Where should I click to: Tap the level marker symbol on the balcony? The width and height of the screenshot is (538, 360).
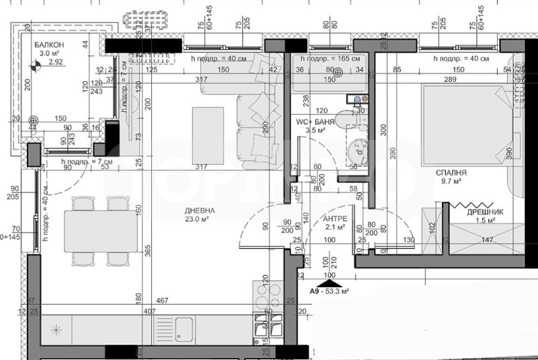point(36,66)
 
